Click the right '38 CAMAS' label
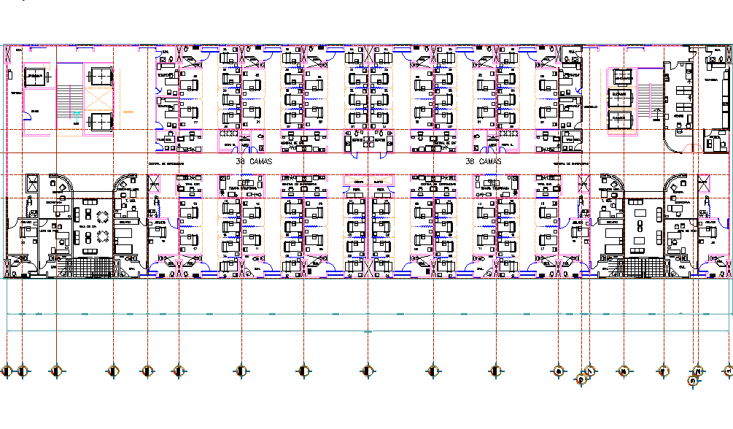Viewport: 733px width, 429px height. (483, 161)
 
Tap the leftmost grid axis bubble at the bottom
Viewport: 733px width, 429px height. (7, 371)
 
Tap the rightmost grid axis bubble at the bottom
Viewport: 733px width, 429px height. (729, 371)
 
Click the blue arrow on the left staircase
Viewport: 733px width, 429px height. (78, 114)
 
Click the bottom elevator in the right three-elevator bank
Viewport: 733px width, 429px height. (621, 117)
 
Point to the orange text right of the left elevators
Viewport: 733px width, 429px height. (128, 112)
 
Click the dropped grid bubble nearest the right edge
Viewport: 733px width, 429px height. (693, 380)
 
